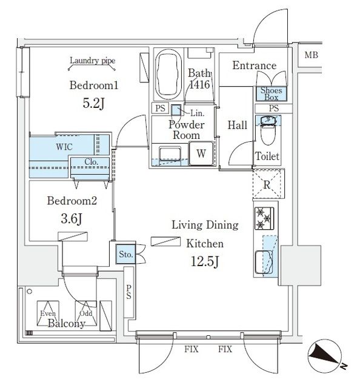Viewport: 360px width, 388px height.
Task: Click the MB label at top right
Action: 311,56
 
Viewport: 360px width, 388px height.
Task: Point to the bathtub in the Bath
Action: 168,75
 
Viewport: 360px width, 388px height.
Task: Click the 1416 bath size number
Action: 200,85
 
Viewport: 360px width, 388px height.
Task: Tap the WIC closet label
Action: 65,147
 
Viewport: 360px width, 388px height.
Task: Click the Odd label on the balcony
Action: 85,313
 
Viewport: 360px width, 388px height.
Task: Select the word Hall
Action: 237,125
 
